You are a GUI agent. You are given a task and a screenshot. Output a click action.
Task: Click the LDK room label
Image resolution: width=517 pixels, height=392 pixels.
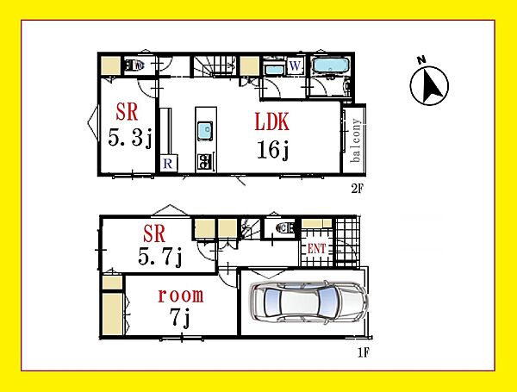pyautogui.click(x=272, y=121)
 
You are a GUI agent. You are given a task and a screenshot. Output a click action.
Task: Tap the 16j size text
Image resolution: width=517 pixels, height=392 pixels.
pyautogui.click(x=273, y=150)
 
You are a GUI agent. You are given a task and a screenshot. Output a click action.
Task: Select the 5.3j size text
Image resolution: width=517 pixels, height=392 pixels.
pyautogui.click(x=130, y=137)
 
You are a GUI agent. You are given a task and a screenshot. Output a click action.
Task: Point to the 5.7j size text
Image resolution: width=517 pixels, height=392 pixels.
pyautogui.click(x=160, y=256)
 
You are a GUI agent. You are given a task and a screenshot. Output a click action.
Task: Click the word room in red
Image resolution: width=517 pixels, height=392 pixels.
pyautogui.click(x=181, y=296)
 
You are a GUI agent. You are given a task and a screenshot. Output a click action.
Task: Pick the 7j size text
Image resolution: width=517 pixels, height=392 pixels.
pyautogui.click(x=180, y=318)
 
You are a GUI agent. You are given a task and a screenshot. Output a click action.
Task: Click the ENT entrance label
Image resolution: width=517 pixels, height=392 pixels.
pyautogui.click(x=316, y=249)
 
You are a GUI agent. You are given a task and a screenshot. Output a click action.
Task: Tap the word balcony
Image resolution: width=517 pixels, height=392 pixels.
pyautogui.click(x=356, y=140)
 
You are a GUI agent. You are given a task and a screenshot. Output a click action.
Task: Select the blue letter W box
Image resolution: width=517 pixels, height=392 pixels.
pyautogui.click(x=295, y=66)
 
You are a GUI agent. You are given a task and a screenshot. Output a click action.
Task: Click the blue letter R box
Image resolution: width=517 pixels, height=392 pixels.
pyautogui.click(x=168, y=163)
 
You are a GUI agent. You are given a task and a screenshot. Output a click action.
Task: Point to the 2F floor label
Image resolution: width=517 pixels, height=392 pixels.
pyautogui.click(x=357, y=189)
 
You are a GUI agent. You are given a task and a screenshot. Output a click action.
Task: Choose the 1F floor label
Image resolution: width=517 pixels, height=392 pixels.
pyautogui.click(x=364, y=352)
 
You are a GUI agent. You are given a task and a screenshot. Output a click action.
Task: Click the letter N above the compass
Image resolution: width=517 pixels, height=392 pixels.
pyautogui.click(x=421, y=60)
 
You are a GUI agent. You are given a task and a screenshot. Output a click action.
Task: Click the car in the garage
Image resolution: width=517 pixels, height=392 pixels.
pyautogui.click(x=309, y=303)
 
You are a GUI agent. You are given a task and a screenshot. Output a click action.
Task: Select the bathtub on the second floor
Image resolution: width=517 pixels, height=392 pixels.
pyautogui.click(x=331, y=65)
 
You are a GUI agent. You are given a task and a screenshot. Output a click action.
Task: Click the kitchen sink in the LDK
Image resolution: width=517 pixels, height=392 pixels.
pyautogui.click(x=205, y=131)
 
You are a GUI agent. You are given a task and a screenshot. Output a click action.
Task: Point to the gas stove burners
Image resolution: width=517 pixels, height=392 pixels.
pyautogui.click(x=204, y=162)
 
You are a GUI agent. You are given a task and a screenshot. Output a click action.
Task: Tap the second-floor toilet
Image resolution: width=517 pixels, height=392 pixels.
pyautogui.click(x=135, y=65)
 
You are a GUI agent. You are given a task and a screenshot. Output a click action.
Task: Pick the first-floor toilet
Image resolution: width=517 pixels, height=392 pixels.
pyautogui.click(x=285, y=227)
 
